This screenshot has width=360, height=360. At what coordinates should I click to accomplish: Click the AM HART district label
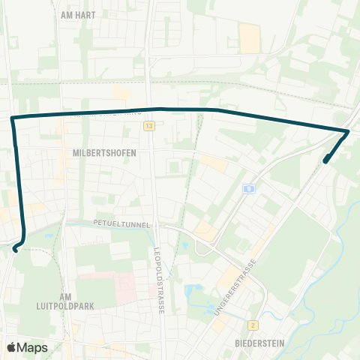point(78,14)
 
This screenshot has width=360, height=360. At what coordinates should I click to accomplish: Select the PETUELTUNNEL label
point(122,223)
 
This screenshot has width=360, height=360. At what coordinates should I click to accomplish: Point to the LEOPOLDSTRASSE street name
point(158,280)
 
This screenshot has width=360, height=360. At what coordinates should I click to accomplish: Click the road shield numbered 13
point(150,126)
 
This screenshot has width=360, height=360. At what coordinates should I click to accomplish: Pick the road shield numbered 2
point(254,325)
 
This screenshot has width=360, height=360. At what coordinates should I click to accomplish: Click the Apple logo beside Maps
point(12,347)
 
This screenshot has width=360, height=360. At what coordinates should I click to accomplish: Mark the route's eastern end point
point(325,160)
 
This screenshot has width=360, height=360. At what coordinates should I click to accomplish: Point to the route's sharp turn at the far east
point(348,132)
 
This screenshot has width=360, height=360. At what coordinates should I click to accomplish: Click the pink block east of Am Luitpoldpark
point(119,283)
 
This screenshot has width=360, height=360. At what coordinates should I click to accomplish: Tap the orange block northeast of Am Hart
point(248,37)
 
